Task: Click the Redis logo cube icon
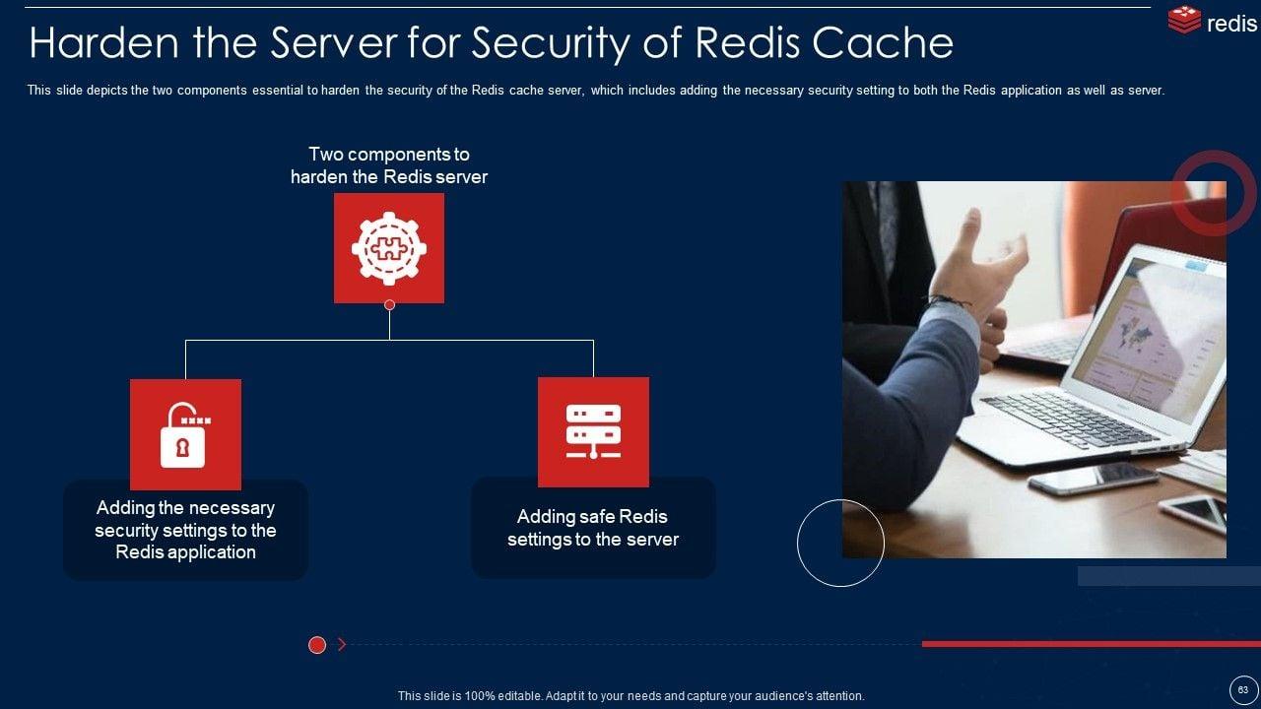[1184, 21]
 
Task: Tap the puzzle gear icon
[389, 248]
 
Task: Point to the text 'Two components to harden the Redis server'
[389, 165]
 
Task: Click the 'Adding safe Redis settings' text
[593, 528]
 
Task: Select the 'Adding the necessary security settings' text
[185, 530]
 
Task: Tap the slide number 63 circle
[1242, 690]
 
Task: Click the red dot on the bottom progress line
[317, 645]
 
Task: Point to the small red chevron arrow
[342, 645]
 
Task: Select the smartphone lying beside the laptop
[1092, 478]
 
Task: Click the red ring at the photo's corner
[1213, 193]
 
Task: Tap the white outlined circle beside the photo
[840, 543]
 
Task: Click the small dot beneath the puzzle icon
[389, 305]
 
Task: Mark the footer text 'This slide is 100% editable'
[630, 696]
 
